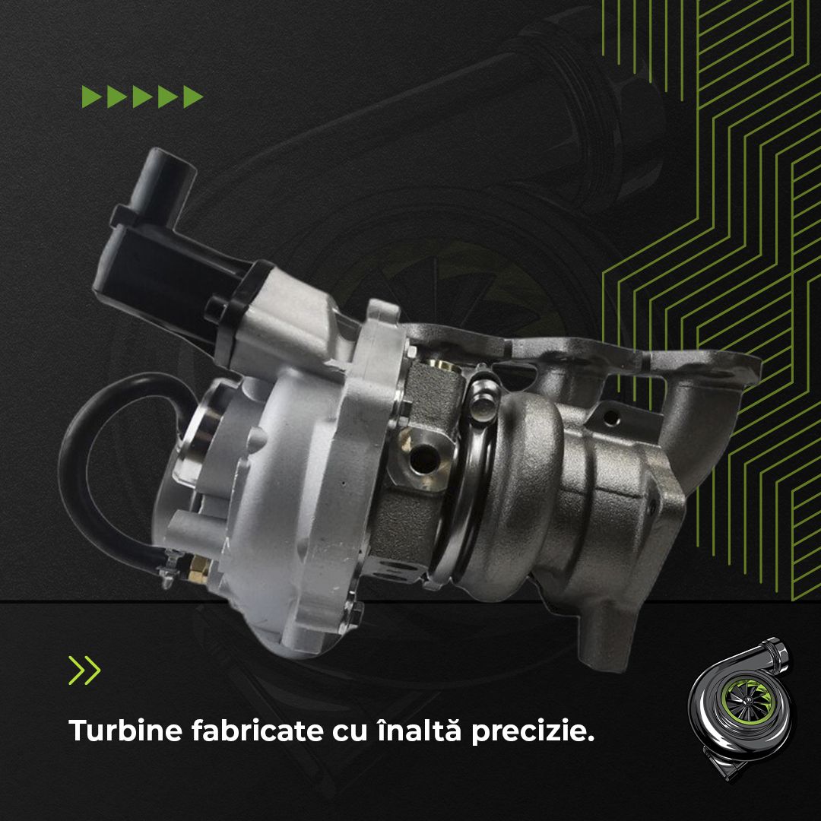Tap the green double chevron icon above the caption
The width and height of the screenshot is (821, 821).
click(84, 670)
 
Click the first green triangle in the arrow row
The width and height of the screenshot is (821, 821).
click(92, 97)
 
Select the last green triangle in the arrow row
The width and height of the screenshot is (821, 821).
click(193, 97)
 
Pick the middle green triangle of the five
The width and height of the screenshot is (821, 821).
click(142, 97)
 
